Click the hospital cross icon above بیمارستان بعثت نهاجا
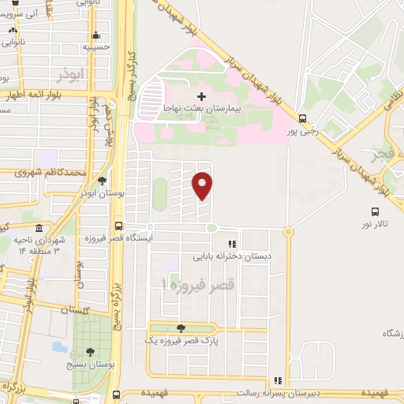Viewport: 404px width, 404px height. click(x=202, y=95)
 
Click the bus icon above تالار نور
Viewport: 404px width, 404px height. click(x=375, y=211)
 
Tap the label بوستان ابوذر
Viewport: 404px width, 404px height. click(x=103, y=193)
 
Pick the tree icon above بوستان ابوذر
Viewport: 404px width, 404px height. click(x=102, y=181)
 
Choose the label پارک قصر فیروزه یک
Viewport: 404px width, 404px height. click(x=181, y=340)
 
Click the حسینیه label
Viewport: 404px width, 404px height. click(x=98, y=47)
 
